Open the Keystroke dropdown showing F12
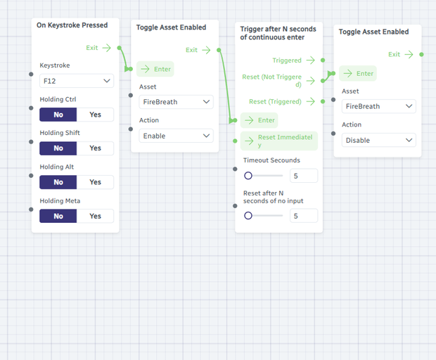pyautogui.click(x=77, y=81)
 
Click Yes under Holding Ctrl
pyautogui.click(x=95, y=115)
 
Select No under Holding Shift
pyautogui.click(x=58, y=148)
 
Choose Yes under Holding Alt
pyautogui.click(x=95, y=182)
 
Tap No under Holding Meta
pyautogui.click(x=58, y=216)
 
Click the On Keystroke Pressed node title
pyautogui.click(x=72, y=25)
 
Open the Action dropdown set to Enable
pyautogui.click(x=176, y=136)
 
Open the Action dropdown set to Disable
pyautogui.click(x=379, y=140)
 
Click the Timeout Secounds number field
pyautogui.click(x=304, y=176)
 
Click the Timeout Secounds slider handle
pyautogui.click(x=248, y=176)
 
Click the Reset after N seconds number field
pyautogui.click(x=304, y=216)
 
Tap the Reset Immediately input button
pyautogui.click(x=279, y=141)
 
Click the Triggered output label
pyautogui.click(x=287, y=60)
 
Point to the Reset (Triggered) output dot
pyautogui.click(x=323, y=101)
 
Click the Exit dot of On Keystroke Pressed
pyautogui.click(x=120, y=48)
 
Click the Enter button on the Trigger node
pyautogui.click(x=259, y=120)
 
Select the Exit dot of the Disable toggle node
pyautogui.click(x=421, y=54)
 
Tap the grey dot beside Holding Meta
pyautogui.click(x=31, y=210)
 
